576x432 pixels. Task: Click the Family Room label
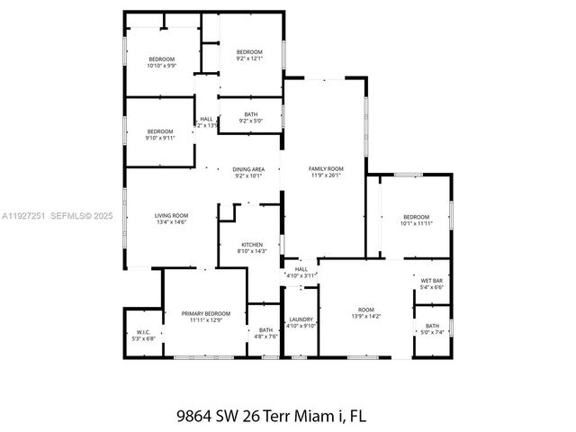coord(326,169)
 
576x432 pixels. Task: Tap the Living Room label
coord(171,215)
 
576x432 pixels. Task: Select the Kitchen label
coord(251,244)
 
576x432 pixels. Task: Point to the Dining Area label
coord(248,169)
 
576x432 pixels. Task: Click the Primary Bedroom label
coord(206,313)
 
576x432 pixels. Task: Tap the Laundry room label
coord(301,319)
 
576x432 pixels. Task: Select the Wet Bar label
coord(431,281)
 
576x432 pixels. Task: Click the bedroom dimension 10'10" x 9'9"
coord(162,66)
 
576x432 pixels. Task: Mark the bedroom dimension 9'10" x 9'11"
coord(160,139)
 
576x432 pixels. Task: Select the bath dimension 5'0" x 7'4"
coord(432,333)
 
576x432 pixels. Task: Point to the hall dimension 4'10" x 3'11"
coord(301,276)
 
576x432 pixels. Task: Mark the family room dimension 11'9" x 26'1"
coord(326,176)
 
